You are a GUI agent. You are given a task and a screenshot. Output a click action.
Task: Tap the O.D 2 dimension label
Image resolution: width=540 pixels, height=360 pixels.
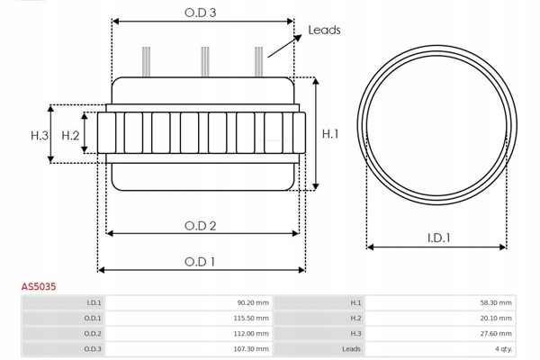pyautogui.click(x=201, y=226)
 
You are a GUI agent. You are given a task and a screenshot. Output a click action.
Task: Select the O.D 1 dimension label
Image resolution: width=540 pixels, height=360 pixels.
pyautogui.click(x=201, y=262)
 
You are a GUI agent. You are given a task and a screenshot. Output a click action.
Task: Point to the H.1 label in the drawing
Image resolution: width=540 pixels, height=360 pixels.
pyautogui.click(x=330, y=134)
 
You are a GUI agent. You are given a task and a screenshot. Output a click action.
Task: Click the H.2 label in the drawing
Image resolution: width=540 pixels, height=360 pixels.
pyautogui.click(x=71, y=135)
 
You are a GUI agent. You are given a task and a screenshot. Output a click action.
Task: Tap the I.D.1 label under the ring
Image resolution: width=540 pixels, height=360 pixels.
pyautogui.click(x=438, y=238)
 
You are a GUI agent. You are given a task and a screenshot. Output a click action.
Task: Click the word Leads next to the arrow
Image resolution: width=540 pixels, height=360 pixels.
pyautogui.click(x=324, y=30)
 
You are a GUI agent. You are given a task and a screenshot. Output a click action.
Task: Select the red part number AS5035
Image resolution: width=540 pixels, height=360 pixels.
pyautogui.click(x=40, y=286)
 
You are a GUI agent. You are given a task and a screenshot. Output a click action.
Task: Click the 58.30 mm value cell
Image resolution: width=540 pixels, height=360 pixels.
pyautogui.click(x=496, y=303)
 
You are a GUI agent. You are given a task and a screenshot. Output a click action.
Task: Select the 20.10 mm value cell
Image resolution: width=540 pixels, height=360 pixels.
pyautogui.click(x=496, y=319)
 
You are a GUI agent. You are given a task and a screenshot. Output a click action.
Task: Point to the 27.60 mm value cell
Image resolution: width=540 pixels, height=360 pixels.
pyautogui.click(x=496, y=334)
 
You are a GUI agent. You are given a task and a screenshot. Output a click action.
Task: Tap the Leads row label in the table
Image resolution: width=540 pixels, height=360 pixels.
pyautogui.click(x=351, y=349)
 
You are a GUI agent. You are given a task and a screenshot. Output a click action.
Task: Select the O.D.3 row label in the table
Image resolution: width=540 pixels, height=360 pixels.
pyautogui.click(x=92, y=349)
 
